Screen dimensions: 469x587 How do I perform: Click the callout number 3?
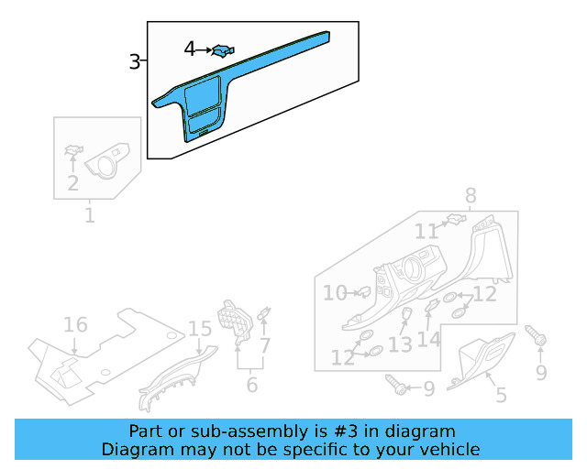(135, 62)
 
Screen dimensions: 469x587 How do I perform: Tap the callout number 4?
(190, 49)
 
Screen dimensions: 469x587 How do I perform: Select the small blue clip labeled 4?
(221, 50)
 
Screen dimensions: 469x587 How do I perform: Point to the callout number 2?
(72, 183)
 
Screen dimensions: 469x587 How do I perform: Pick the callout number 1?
(90, 216)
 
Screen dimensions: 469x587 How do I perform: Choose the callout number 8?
(471, 195)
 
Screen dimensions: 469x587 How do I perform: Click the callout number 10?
(335, 293)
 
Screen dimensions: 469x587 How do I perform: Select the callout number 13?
(400, 344)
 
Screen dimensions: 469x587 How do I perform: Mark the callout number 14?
(429, 339)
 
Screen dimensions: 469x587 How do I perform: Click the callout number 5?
(501, 396)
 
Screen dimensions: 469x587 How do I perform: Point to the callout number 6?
(252, 385)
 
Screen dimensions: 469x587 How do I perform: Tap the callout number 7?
(265, 346)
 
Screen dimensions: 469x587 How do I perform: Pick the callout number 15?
(200, 329)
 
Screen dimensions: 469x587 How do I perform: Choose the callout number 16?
(75, 325)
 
